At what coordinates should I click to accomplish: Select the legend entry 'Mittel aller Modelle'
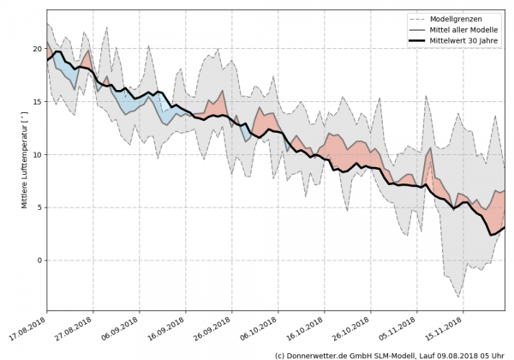click(469, 30)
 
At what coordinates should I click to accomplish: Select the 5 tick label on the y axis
click(37, 207)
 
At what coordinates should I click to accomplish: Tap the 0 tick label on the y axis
click(37, 261)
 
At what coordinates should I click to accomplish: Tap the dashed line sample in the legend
click(420, 18)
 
